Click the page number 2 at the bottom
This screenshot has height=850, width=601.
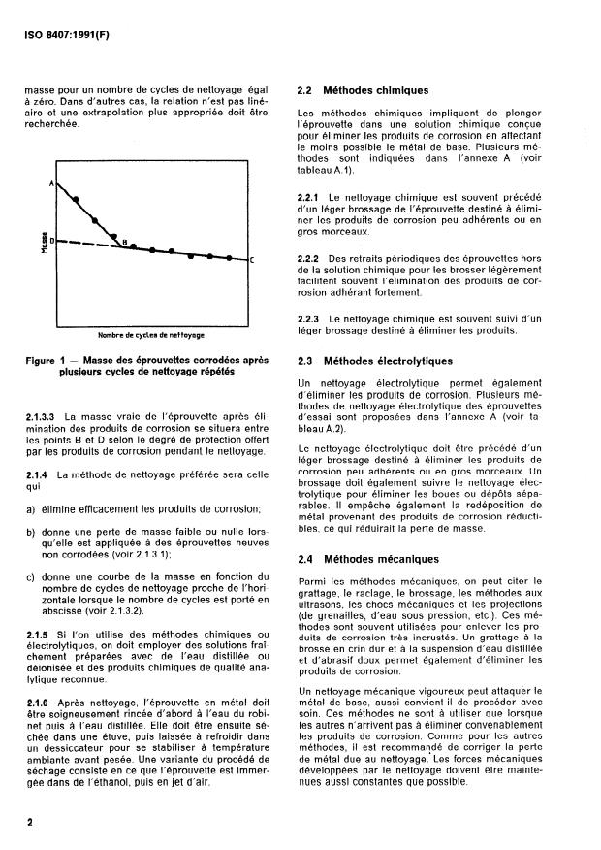(30, 822)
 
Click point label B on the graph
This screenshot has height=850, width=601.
(124, 242)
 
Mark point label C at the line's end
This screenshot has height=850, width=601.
(251, 260)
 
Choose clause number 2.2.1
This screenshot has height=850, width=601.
(309, 197)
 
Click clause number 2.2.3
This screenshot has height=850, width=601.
(309, 318)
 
